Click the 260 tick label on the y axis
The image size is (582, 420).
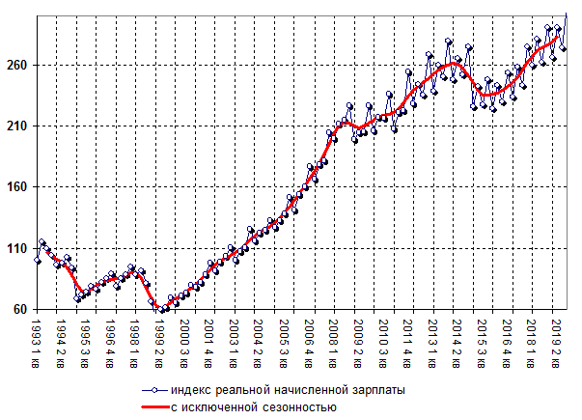pos(18,66)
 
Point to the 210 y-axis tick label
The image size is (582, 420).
pos(18,126)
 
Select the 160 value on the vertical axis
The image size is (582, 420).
pos(18,187)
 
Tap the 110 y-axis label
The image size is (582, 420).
pos(18,248)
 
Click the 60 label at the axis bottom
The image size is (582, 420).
pos(22,309)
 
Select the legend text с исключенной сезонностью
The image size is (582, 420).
pos(253,407)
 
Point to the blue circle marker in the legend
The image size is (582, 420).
pos(153,390)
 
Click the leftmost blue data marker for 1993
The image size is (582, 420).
pos(37,261)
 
